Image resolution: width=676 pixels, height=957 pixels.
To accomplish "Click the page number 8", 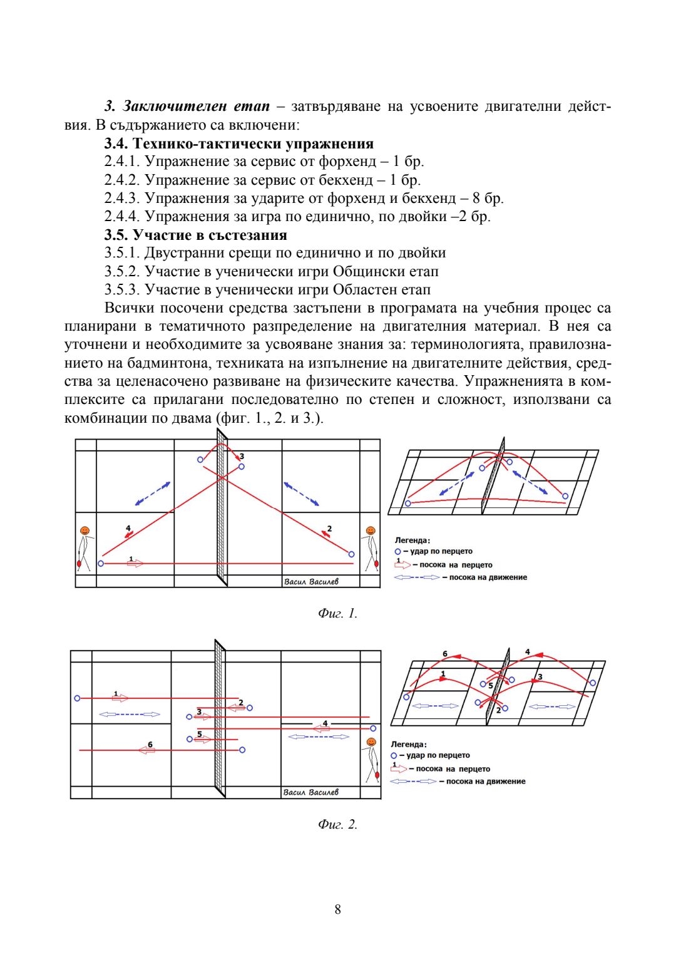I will coord(338,909).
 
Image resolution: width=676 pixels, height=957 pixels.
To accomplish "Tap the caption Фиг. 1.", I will coord(337,613).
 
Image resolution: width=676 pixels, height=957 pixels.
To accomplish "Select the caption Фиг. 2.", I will coord(337,824).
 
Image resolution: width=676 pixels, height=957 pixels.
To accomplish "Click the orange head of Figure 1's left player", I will coord(84,531).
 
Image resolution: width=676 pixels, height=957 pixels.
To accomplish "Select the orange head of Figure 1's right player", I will coord(371,531).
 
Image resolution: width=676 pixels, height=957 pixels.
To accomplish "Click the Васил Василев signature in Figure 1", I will coord(311,582).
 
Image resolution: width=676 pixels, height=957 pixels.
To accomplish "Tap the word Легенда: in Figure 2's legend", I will coord(408,744).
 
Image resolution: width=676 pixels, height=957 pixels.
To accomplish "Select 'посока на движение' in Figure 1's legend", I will coord(488,577).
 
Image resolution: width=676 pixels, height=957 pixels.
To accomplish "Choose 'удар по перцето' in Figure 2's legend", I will coord(438,755).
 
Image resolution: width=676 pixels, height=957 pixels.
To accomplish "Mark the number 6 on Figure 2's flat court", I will coord(150,745).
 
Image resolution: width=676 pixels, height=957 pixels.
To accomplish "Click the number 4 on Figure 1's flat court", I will coord(128,529).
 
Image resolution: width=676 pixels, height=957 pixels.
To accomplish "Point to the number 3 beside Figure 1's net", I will coord(242,457).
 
